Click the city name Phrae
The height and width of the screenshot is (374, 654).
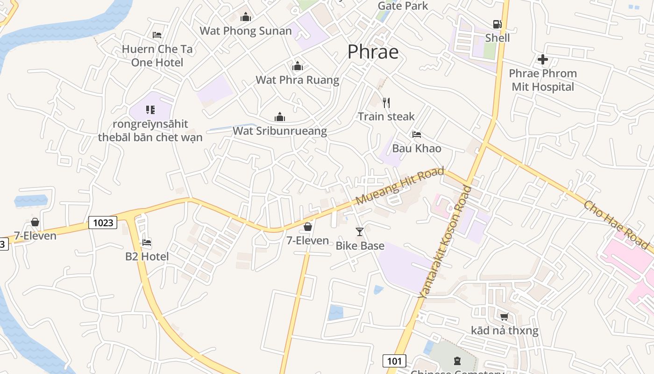coord(373,52)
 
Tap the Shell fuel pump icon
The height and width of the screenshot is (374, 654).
coord(497,24)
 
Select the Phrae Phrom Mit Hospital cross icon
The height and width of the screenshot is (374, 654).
coord(542,59)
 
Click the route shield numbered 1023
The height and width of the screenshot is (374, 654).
coord(103,223)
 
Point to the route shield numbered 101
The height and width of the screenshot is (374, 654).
coord(394,360)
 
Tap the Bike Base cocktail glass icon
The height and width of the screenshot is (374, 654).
coord(359,232)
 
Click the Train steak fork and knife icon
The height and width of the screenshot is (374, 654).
coord(386,103)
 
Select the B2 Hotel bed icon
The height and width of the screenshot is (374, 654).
coord(147,243)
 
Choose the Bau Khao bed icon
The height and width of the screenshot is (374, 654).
coord(417,135)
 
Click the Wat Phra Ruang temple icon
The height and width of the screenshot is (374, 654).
coord(297,66)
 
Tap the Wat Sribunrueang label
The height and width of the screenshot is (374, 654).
coord(280,131)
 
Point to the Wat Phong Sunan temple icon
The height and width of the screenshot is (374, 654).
coord(246,18)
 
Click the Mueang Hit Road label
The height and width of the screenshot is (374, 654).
coord(399,186)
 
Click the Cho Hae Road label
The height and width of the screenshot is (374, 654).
coord(616,224)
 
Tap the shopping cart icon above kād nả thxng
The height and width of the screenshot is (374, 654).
coord(504,317)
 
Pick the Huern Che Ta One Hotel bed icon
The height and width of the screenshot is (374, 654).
coord(157,35)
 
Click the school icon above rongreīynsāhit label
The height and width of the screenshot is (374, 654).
coord(150,110)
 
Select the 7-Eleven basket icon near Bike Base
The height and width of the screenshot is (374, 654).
coord(307,227)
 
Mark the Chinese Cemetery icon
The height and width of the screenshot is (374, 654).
coord(456,360)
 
